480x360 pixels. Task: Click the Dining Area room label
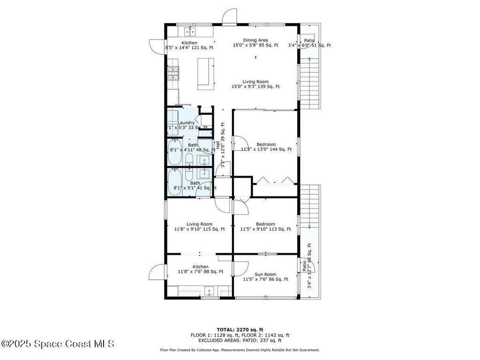(x=255, y=40)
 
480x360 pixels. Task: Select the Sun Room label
(x=265, y=275)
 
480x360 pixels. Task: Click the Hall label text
(x=217, y=145)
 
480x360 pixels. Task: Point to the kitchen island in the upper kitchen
(x=206, y=73)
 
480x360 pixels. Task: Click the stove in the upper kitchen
(x=173, y=73)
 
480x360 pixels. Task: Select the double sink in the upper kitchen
(x=190, y=31)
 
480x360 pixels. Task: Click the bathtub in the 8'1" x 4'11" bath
(x=175, y=152)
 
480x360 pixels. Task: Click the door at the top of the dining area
(x=229, y=16)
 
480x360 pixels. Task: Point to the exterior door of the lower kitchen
(x=158, y=271)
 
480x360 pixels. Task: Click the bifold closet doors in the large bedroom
(x=275, y=180)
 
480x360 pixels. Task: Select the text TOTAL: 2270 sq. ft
(x=240, y=329)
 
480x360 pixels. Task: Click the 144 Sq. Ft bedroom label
(x=266, y=147)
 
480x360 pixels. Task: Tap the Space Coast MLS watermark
(x=58, y=344)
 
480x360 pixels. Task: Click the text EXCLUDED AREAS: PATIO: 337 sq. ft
(x=240, y=341)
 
